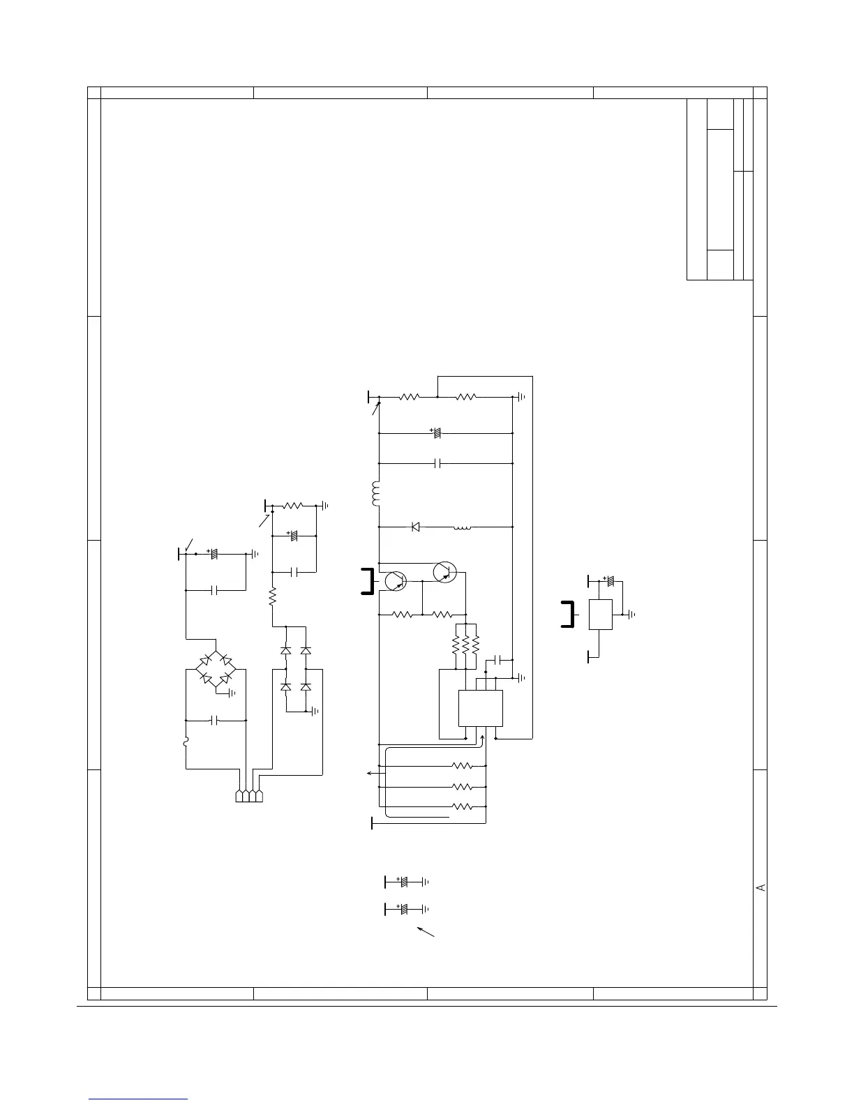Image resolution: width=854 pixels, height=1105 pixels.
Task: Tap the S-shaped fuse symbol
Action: click(186, 742)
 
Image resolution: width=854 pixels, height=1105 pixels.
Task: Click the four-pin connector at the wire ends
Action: click(249, 796)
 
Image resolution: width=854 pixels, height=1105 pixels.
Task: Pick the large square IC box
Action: click(481, 708)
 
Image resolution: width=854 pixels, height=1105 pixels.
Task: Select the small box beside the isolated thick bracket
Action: click(601, 615)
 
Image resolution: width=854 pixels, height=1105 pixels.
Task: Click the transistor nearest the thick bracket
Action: click(396, 580)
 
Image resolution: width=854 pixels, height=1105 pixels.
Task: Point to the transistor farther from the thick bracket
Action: click(445, 572)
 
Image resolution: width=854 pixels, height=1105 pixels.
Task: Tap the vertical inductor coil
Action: click(376, 494)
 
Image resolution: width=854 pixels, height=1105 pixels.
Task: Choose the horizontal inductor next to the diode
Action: click(463, 528)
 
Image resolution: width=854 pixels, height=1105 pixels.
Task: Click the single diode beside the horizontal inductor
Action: click(416, 527)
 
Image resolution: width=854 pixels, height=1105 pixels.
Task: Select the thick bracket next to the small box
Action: click(568, 615)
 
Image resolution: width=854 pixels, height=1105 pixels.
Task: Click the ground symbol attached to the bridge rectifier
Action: click(232, 693)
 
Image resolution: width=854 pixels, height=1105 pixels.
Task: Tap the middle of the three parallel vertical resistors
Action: click(466, 645)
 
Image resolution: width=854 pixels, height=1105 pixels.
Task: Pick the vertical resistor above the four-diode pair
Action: click(273, 596)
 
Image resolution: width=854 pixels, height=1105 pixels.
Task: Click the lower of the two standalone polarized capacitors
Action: click(405, 909)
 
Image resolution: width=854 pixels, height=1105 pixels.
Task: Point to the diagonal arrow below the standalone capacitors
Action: click(426, 932)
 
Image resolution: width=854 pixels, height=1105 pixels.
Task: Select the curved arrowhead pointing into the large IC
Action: click(482, 738)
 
